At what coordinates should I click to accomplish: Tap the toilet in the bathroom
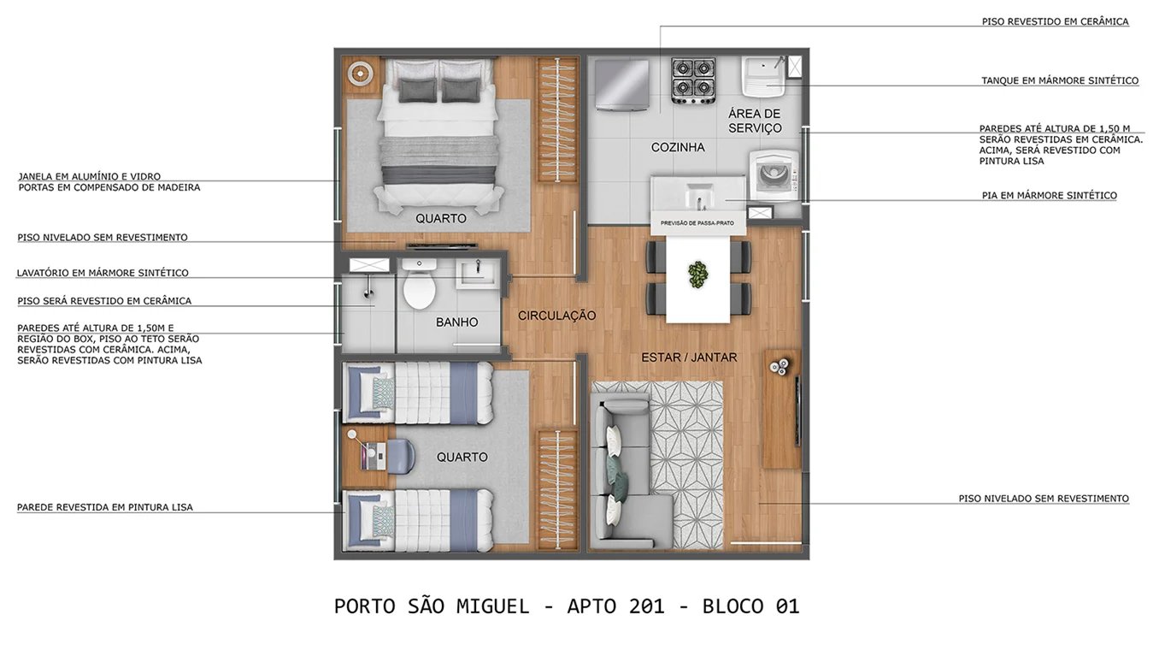(419, 287)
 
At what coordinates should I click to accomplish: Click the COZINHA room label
(678, 147)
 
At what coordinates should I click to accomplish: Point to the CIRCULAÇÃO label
(556, 316)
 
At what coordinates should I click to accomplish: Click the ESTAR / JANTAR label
(689, 357)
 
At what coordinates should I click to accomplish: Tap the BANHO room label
(456, 322)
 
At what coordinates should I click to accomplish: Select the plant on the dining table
(698, 274)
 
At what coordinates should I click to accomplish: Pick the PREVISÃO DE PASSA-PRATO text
(697, 223)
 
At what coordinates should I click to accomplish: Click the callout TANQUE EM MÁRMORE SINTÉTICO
(1059, 80)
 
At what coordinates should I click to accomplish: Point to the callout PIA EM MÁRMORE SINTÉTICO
(1049, 195)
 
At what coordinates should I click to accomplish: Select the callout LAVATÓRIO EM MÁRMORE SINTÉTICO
(103, 273)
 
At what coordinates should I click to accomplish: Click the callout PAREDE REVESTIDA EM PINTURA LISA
(104, 507)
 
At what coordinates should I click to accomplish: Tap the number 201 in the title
(646, 606)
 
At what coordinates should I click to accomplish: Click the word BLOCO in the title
(733, 606)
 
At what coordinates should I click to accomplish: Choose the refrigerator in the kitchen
(622, 84)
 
